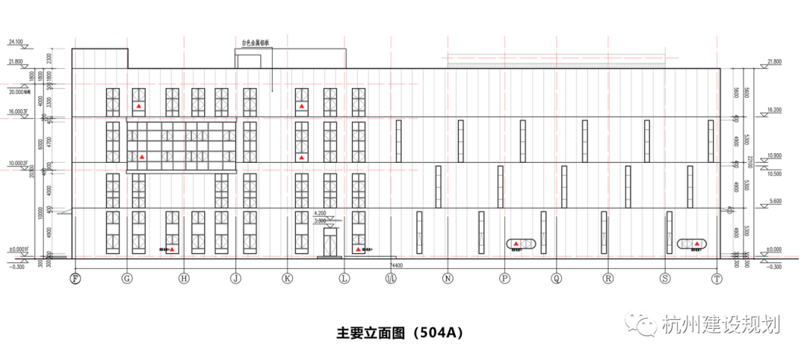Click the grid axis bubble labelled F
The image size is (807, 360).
(x=75, y=279)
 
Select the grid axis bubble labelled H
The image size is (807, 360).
(x=184, y=279)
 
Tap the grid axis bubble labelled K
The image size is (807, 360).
(x=287, y=279)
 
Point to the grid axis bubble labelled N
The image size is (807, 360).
(x=448, y=279)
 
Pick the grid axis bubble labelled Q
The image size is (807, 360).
(x=556, y=279)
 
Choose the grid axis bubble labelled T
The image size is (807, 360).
(x=717, y=279)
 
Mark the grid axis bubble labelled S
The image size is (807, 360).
(x=664, y=279)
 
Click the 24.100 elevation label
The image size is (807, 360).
(x=15, y=42)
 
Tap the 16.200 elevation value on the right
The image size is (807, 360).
(x=773, y=110)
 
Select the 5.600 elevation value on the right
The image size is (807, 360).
(x=773, y=202)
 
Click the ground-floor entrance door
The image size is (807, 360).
(x=330, y=242)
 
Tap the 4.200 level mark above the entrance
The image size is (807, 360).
(x=321, y=214)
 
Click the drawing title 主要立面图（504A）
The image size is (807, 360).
(x=400, y=332)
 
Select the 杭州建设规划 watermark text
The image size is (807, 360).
(x=720, y=326)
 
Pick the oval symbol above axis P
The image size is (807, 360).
(x=522, y=244)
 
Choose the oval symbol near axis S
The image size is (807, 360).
(x=692, y=243)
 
